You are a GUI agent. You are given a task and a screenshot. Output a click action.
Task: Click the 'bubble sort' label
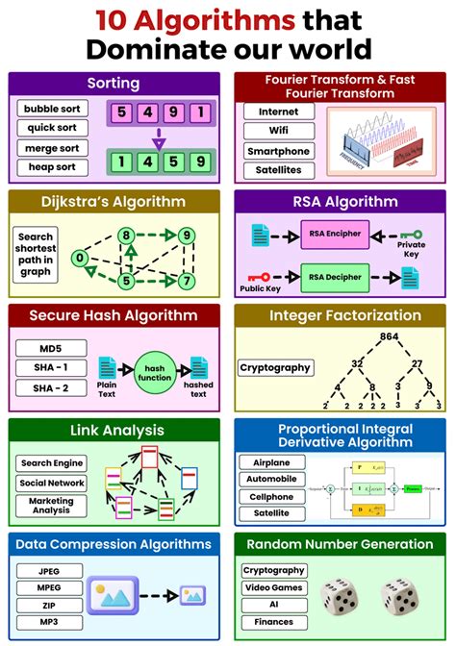pyautogui.click(x=53, y=109)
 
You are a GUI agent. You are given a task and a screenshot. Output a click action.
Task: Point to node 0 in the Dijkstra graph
pyautogui.click(x=81, y=258)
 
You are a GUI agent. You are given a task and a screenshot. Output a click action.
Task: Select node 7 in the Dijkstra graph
pyautogui.click(x=186, y=281)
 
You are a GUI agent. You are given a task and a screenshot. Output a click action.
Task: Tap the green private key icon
pyautogui.click(x=411, y=234)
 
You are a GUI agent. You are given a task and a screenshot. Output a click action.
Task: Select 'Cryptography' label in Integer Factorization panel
pyautogui.click(x=275, y=367)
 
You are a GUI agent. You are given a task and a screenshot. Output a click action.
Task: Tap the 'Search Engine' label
pyautogui.click(x=53, y=462)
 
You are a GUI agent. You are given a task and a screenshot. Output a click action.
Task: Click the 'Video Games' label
pyautogui.click(x=273, y=588)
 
